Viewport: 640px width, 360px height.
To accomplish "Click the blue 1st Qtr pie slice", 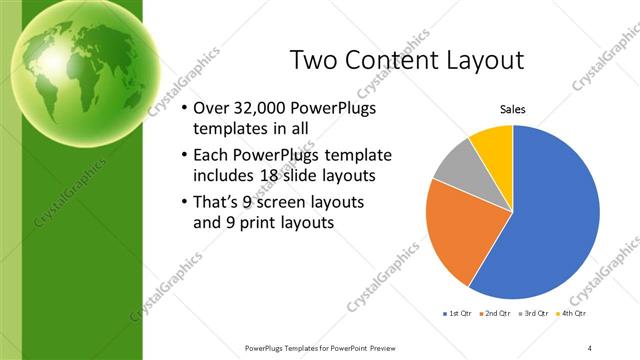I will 555,215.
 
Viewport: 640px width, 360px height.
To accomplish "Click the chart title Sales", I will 512,110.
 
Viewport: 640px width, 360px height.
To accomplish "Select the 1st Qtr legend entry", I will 458,313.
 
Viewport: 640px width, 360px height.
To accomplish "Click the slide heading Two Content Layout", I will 406,60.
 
